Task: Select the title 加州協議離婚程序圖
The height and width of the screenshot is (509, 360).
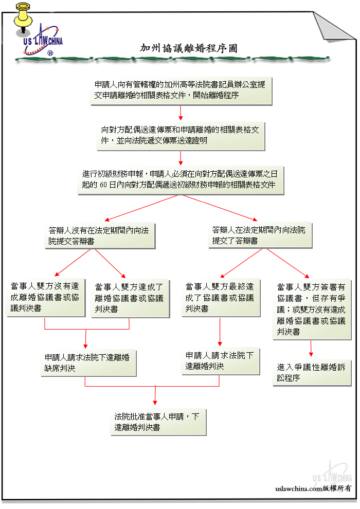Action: (x=189, y=48)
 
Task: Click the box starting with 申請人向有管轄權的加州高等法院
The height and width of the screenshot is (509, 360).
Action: (x=181, y=90)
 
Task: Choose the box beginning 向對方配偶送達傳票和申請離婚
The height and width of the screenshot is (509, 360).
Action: (x=181, y=136)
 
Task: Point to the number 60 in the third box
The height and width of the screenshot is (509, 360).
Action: (x=103, y=185)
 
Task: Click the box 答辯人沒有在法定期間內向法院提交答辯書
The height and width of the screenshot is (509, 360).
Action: (x=100, y=236)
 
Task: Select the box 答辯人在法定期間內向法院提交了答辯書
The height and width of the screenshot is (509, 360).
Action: (x=260, y=235)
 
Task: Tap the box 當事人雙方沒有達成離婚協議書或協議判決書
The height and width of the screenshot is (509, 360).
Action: (x=46, y=298)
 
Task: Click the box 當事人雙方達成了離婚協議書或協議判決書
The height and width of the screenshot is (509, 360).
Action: (x=130, y=298)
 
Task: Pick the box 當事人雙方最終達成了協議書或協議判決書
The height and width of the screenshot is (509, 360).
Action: (x=221, y=298)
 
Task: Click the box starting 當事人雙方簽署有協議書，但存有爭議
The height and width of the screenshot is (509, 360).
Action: (x=312, y=310)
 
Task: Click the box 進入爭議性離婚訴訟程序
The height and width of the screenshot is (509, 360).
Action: (x=312, y=373)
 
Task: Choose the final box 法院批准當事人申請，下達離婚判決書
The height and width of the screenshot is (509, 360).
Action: (x=158, y=422)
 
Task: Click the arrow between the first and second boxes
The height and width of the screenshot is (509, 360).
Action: (x=181, y=113)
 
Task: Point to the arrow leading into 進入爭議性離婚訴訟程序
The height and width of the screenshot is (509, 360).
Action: (x=311, y=348)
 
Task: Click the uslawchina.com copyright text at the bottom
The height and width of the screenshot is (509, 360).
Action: (x=313, y=488)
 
